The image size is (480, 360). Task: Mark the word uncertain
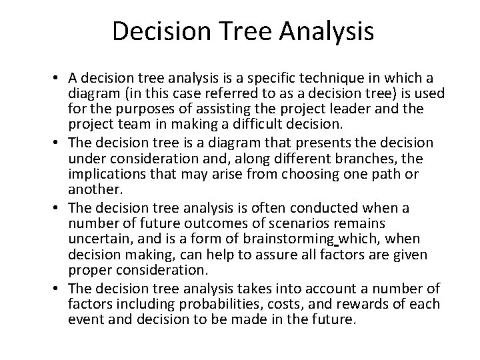(96, 239)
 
